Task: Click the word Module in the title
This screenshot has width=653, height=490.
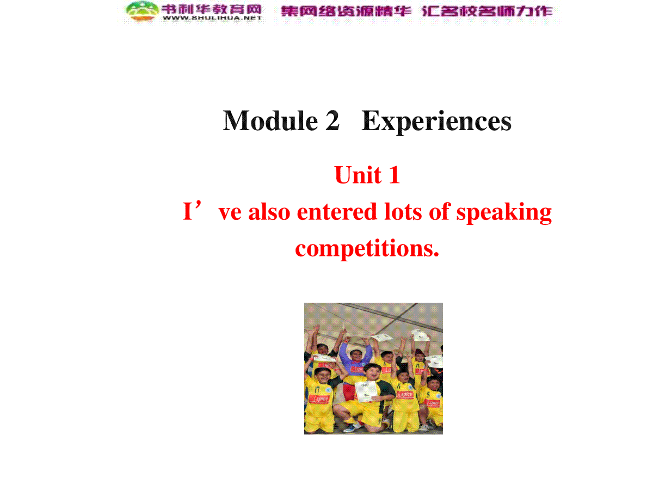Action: point(270,120)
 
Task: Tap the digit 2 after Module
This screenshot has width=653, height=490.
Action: point(332,120)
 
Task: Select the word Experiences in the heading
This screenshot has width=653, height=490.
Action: point(436,121)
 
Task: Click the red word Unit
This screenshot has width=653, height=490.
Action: point(358,175)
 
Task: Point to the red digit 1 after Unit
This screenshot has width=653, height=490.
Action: point(394,175)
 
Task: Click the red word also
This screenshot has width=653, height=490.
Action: point(269,212)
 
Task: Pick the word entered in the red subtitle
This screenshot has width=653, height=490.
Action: point(336,212)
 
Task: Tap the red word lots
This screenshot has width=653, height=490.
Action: point(403,212)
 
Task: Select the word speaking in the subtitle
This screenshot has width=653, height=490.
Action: point(504,213)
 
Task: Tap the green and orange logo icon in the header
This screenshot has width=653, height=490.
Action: point(142,11)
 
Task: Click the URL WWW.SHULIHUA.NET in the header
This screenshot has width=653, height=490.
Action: point(212,18)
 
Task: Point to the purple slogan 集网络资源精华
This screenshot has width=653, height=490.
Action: point(346,11)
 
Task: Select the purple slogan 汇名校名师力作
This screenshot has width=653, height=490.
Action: point(487,11)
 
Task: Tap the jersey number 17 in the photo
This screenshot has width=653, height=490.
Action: point(317,389)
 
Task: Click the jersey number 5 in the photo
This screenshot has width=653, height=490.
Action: point(428,395)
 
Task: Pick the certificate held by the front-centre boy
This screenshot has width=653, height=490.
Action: point(366,391)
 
